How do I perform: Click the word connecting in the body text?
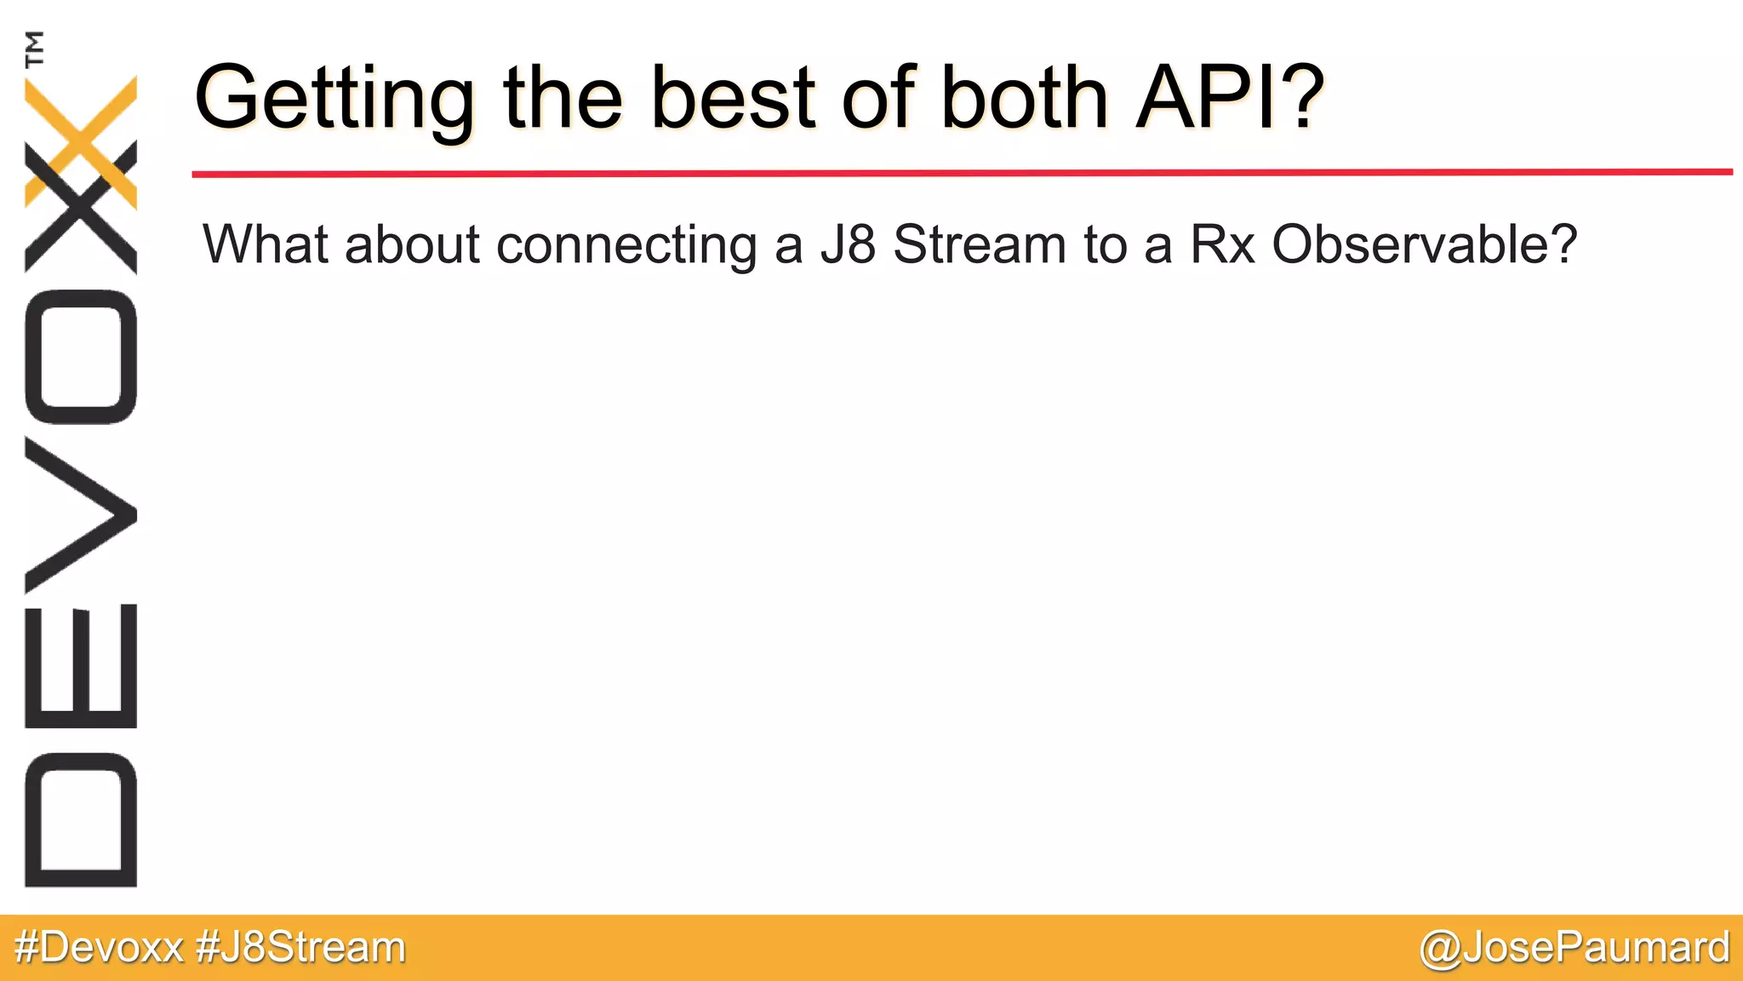[x=626, y=246]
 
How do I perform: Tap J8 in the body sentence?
[x=848, y=244]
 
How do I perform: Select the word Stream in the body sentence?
[x=980, y=244]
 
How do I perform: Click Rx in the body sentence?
[x=1222, y=244]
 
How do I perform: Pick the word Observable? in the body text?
[x=1424, y=244]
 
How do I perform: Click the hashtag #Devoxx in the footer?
[x=99, y=948]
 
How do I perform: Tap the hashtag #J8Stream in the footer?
[x=300, y=948]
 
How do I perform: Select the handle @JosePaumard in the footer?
[x=1574, y=948]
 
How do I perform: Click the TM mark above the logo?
[x=35, y=49]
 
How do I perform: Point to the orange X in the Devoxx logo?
[x=82, y=141]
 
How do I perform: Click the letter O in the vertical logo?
[x=81, y=357]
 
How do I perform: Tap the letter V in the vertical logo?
[x=81, y=514]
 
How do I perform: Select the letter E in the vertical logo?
[x=81, y=666]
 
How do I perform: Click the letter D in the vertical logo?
[x=81, y=820]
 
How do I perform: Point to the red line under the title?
[x=962, y=173]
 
